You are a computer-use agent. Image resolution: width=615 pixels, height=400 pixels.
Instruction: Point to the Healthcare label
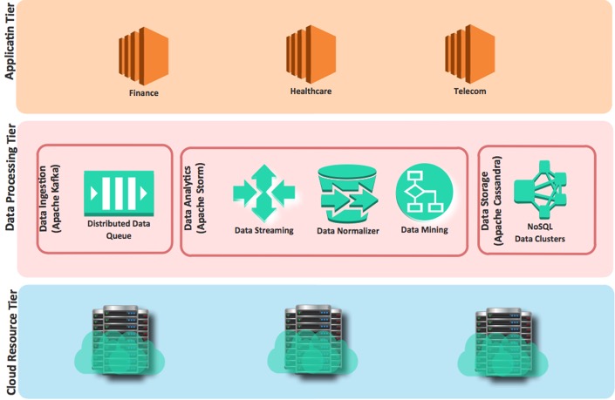tap(311, 90)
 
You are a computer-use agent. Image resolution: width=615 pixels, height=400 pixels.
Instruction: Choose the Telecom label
tap(464, 90)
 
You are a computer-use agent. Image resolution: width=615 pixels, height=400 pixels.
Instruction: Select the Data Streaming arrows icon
tap(263, 193)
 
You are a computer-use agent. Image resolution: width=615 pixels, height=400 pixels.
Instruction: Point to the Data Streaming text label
tap(263, 231)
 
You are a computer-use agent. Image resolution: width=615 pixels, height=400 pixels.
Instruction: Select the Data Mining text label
tap(424, 230)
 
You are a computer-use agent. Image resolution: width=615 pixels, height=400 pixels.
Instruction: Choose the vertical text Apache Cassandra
tap(500, 200)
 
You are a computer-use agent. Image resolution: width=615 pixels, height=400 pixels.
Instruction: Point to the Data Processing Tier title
tap(11, 200)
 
